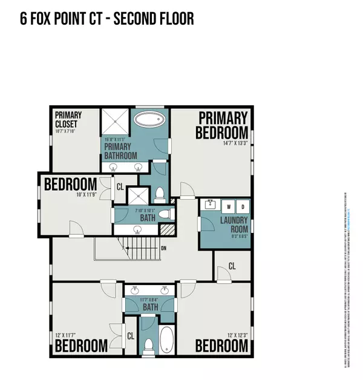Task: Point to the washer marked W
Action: tap(228, 206)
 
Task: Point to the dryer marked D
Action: tap(242, 206)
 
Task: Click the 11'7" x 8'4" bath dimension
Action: tap(151, 300)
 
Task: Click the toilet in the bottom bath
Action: tap(148, 346)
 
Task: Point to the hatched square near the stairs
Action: tap(165, 230)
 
